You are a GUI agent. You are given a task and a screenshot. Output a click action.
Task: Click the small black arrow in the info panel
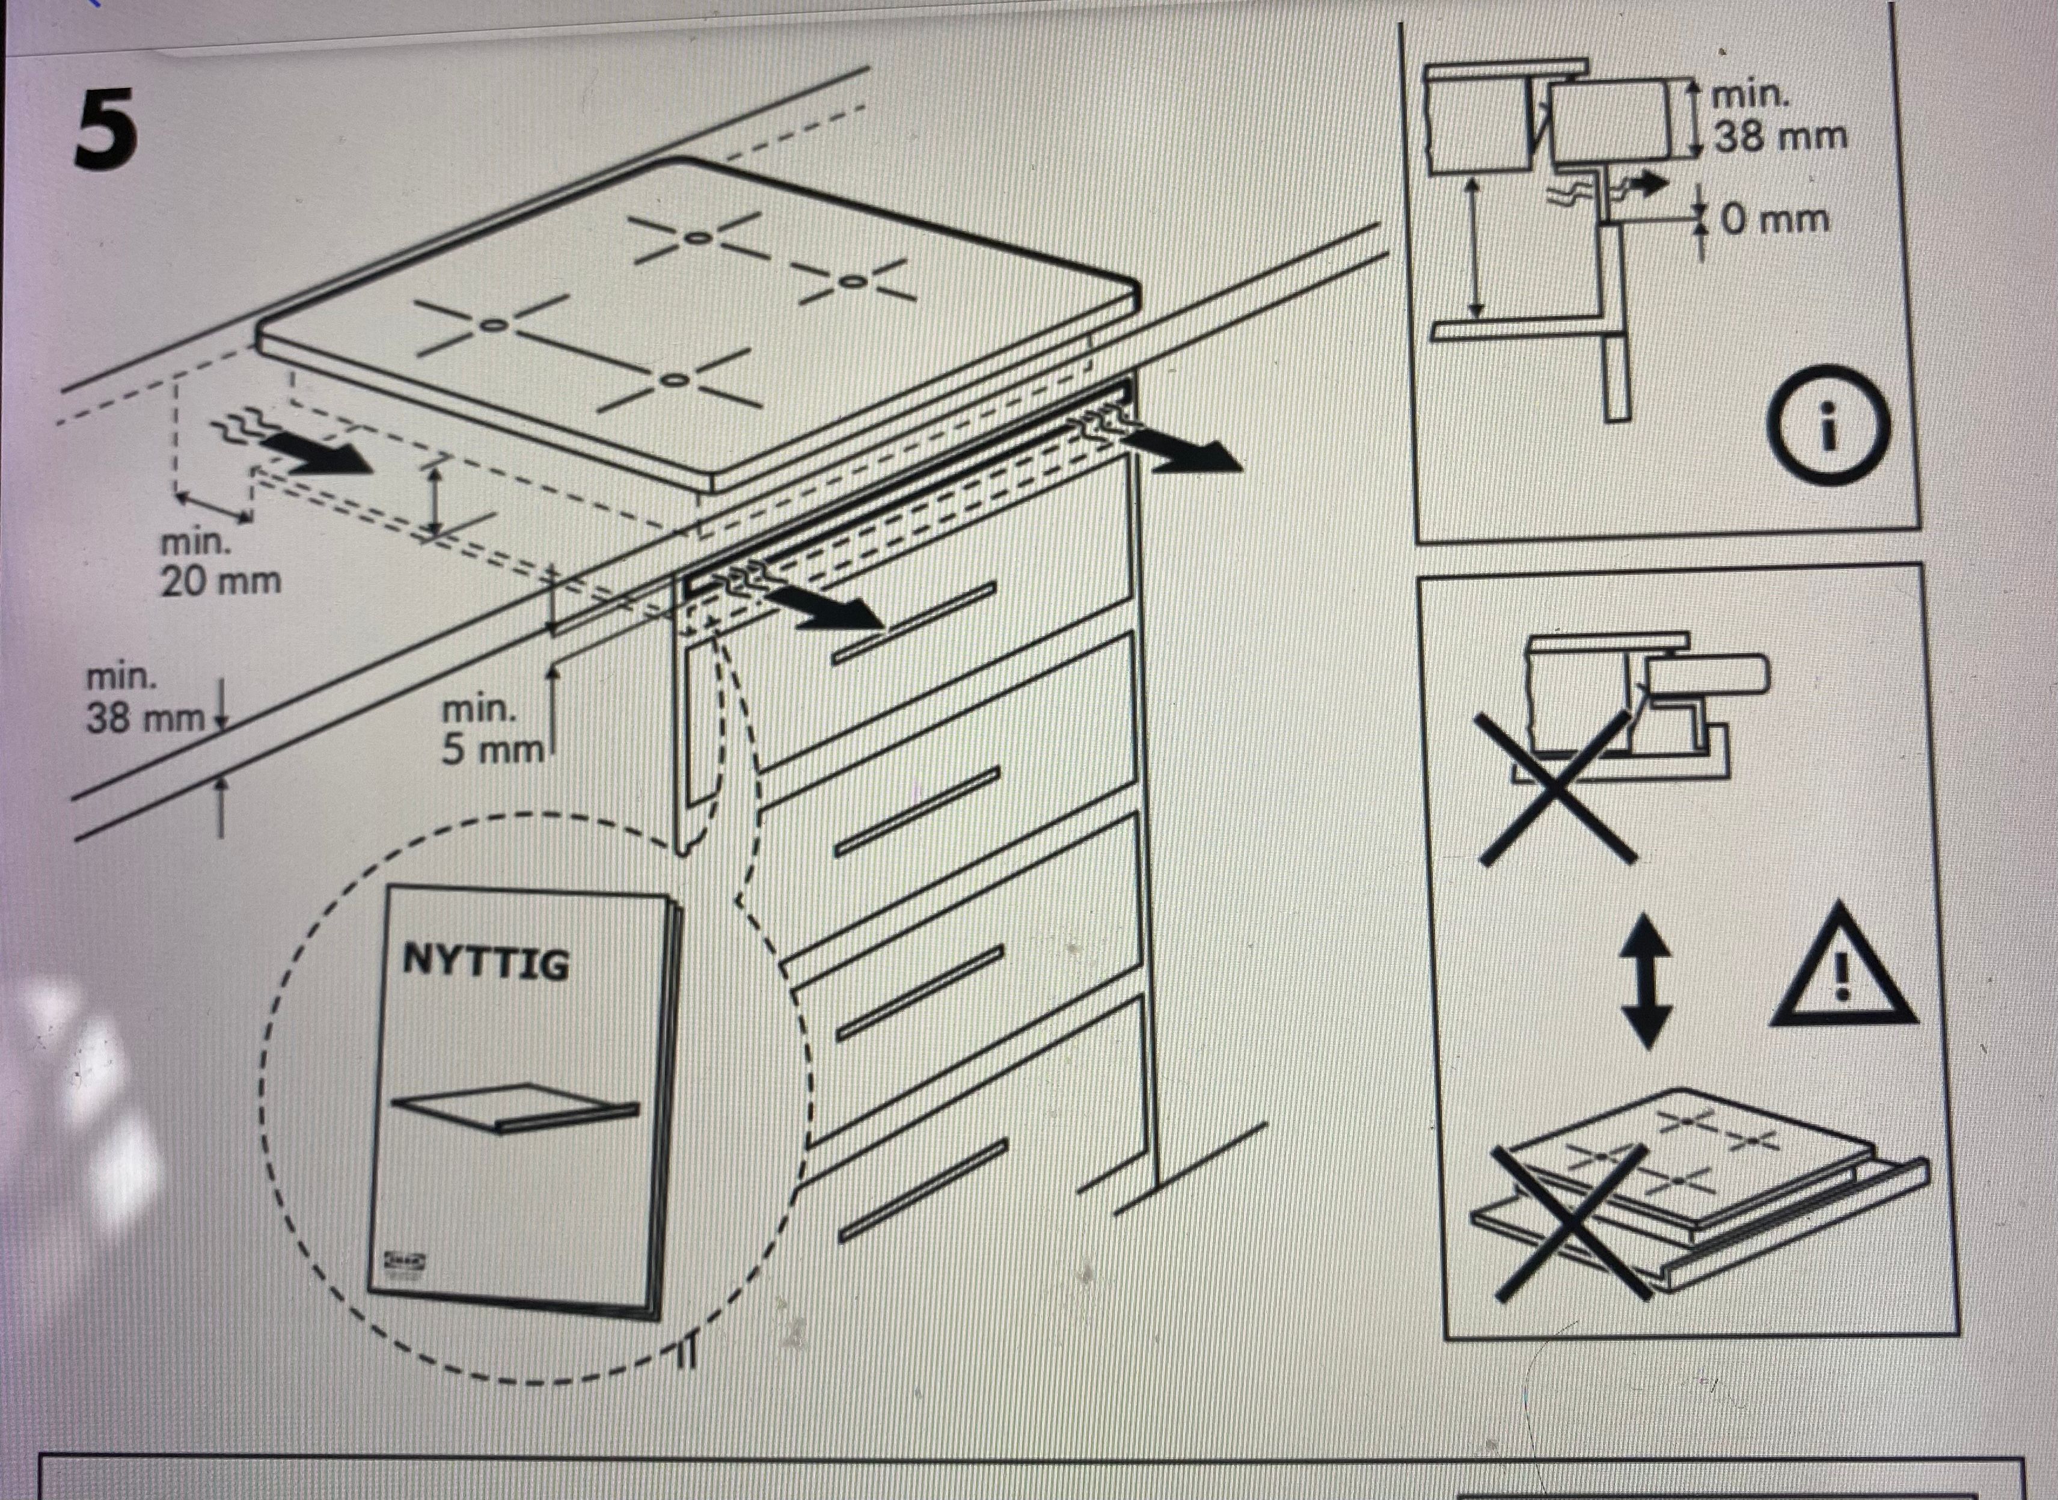(x=1648, y=185)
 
